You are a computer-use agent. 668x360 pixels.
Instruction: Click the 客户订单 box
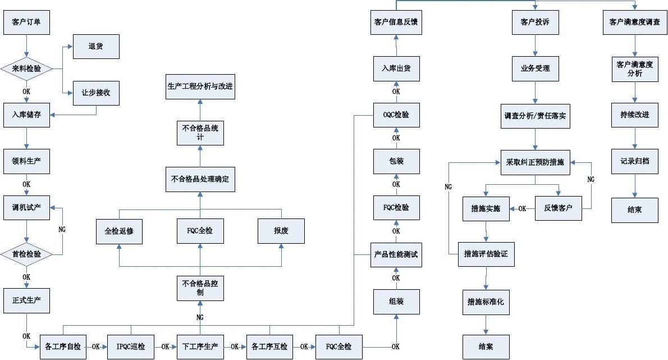click(x=26, y=23)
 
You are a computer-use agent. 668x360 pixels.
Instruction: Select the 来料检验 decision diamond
click(x=26, y=69)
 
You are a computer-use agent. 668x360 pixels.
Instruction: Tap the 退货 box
click(x=96, y=46)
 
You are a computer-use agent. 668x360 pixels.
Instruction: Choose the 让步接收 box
click(x=96, y=93)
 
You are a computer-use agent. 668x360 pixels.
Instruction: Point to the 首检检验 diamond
click(x=26, y=254)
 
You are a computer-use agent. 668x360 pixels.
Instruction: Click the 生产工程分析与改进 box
click(x=200, y=86)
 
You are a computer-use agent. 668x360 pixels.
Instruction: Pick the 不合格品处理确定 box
click(x=200, y=179)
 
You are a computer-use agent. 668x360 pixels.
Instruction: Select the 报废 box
click(x=281, y=231)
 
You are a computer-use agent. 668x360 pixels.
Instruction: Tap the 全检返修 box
click(x=119, y=231)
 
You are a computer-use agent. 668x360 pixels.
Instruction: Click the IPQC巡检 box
click(x=131, y=347)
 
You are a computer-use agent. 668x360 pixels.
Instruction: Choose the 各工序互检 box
click(x=269, y=347)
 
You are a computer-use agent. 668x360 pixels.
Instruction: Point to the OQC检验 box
click(x=396, y=115)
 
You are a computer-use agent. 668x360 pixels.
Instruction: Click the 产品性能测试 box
click(x=396, y=254)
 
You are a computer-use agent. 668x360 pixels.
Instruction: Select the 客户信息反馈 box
click(x=396, y=23)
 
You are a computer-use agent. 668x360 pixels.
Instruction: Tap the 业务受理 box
click(x=535, y=69)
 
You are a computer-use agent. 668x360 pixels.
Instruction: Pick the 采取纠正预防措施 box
click(x=535, y=162)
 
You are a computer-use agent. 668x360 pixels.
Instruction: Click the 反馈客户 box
click(x=558, y=208)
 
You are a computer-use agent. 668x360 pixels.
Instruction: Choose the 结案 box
click(x=486, y=347)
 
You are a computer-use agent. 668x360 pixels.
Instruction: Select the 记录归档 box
click(x=635, y=161)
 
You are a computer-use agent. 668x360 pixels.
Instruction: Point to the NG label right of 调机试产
click(x=62, y=229)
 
